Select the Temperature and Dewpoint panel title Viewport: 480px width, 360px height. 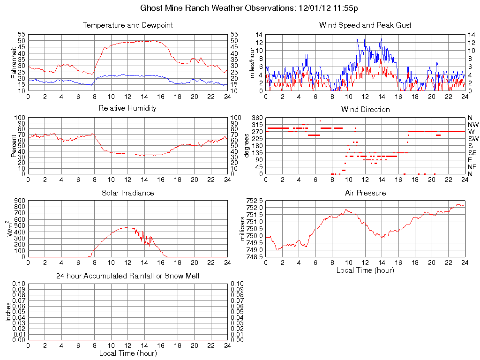[x=128, y=25]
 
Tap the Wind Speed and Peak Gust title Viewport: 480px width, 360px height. [x=365, y=25]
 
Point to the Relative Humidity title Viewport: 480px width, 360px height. [x=128, y=108]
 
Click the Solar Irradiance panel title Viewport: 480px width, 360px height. [x=128, y=193]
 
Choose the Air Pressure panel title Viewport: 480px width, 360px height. [x=365, y=193]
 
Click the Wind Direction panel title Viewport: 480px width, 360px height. [x=365, y=109]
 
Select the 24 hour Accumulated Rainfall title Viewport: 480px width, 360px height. [x=128, y=276]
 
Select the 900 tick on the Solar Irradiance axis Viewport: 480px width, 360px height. [x=19, y=200]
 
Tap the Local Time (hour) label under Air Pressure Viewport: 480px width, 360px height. [x=365, y=270]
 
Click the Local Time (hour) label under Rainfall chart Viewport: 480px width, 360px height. [x=128, y=353]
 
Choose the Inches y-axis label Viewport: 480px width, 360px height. [x=8, y=312]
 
